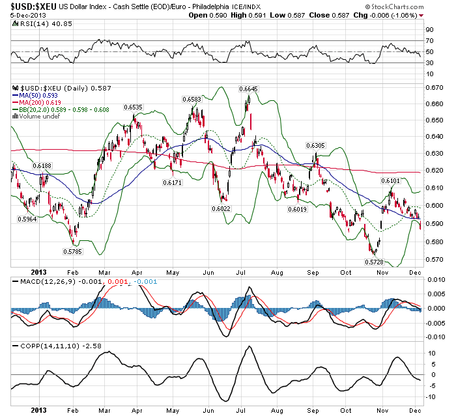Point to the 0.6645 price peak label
pos(248,89)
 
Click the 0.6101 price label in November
pos(390,180)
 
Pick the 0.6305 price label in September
pos(316,145)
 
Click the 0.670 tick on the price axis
pos(434,87)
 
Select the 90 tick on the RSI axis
pos(430,29)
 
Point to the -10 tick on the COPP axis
pos(431,397)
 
